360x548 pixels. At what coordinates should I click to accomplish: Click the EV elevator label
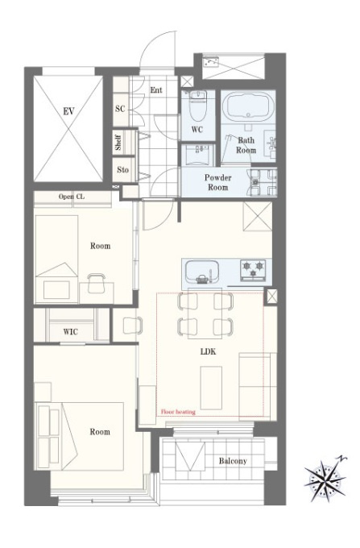[x=68, y=112]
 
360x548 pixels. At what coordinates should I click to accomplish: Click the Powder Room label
[x=218, y=182]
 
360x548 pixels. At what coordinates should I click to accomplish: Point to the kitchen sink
[x=202, y=272]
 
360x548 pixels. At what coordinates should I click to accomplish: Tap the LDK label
[x=208, y=351]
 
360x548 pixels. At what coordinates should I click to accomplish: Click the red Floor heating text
[x=178, y=412]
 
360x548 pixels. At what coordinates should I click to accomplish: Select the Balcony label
[x=233, y=461]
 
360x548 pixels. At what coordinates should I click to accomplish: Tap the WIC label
[x=71, y=332]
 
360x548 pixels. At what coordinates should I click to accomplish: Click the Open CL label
[x=72, y=197]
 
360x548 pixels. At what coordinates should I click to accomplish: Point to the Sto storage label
[x=123, y=170]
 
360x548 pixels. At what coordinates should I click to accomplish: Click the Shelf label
[x=118, y=143]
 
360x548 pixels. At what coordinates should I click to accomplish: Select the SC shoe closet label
[x=120, y=109]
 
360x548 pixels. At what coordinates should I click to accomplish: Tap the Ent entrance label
[x=156, y=90]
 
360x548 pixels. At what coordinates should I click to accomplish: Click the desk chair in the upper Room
[x=97, y=283]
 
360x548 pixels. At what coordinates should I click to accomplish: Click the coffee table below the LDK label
[x=211, y=388]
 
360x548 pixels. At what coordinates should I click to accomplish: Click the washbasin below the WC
[x=198, y=155]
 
